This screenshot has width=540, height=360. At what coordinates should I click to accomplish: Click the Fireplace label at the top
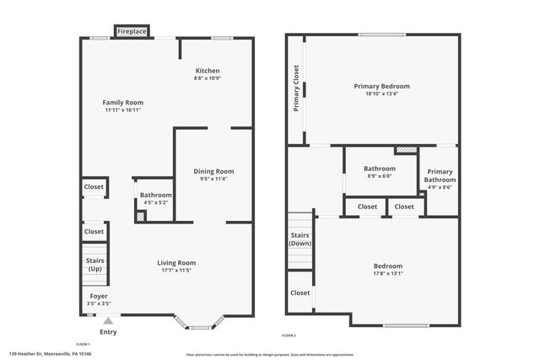pyautogui.click(x=132, y=31)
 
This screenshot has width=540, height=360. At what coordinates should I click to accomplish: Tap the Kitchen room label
pyautogui.click(x=208, y=71)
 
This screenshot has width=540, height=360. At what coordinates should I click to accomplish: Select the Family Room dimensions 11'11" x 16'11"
pyautogui.click(x=123, y=110)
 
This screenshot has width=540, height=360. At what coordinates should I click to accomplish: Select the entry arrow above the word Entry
pyautogui.click(x=108, y=320)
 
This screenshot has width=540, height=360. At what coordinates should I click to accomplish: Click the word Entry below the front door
pyautogui.click(x=108, y=331)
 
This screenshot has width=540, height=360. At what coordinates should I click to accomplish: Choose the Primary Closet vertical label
pyautogui.click(x=297, y=89)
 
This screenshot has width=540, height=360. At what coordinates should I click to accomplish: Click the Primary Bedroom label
pyautogui.click(x=381, y=86)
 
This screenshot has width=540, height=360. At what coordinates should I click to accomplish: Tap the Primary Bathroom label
pyautogui.click(x=440, y=175)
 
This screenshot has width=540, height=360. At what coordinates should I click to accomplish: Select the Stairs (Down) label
pyautogui.click(x=300, y=239)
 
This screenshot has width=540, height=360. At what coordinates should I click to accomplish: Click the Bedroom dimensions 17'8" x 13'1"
pyautogui.click(x=388, y=273)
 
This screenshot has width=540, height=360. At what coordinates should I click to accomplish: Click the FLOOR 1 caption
pyautogui.click(x=83, y=345)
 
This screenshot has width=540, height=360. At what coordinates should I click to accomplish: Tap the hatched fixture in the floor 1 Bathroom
pyautogui.click(x=140, y=217)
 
